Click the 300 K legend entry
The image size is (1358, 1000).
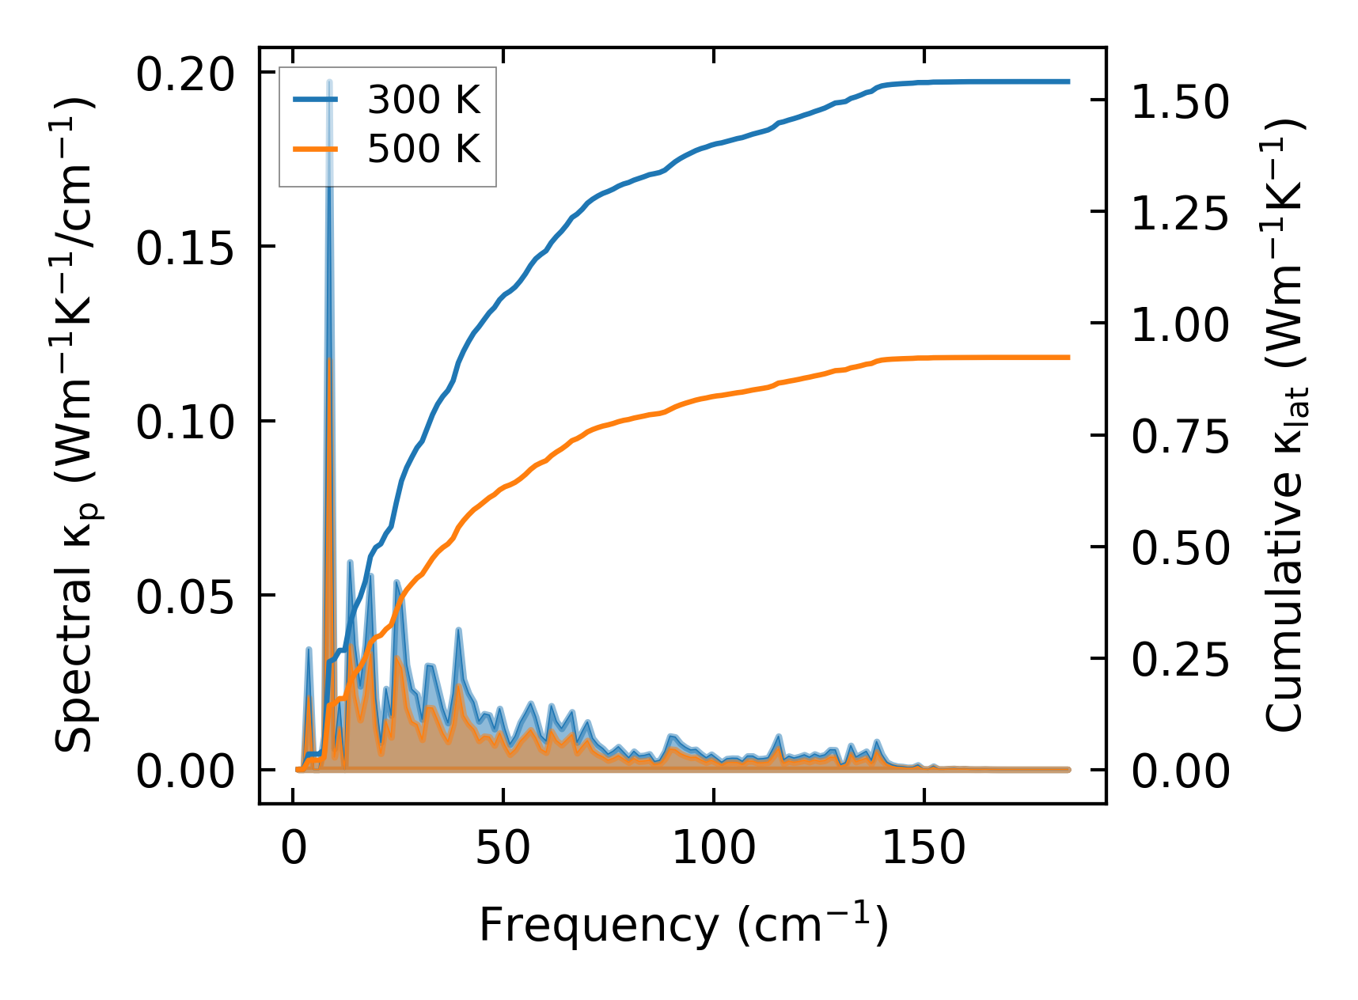(x=423, y=100)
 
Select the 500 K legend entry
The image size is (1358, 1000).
(x=423, y=149)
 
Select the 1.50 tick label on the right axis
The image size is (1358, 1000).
(x=1180, y=103)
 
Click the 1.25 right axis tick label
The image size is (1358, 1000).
(x=1180, y=214)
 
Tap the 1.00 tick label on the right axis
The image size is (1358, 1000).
(x=1180, y=326)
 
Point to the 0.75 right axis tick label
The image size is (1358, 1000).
(x=1180, y=437)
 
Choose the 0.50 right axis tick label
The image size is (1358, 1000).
(x=1180, y=549)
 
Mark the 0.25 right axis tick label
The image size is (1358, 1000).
(x=1180, y=661)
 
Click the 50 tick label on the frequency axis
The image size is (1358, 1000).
(x=503, y=849)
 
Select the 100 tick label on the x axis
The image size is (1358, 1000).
(x=714, y=849)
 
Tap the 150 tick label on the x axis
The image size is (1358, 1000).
(x=924, y=849)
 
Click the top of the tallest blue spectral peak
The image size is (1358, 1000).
(x=329, y=82)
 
